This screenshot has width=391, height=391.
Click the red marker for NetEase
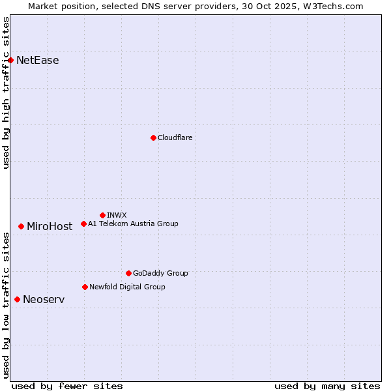[10, 61]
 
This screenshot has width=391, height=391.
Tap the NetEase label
[37, 61]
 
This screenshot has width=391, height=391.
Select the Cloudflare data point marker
[153, 138]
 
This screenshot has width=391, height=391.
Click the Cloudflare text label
[175, 138]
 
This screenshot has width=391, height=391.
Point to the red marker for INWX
[102, 215]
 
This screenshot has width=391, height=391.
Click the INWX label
[117, 215]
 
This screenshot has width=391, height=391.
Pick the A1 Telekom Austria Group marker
[83, 224]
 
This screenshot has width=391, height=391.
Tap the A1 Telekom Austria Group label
[133, 224]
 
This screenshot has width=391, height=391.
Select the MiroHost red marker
[21, 226]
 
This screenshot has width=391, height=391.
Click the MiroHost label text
[50, 227]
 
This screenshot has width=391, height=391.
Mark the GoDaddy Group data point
[128, 273]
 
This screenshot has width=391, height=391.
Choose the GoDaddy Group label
[160, 273]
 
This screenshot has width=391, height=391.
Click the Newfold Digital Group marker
[85, 287]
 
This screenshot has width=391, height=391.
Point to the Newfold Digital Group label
[127, 287]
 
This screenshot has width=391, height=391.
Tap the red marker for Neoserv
[17, 299]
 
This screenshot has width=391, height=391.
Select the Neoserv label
[44, 300]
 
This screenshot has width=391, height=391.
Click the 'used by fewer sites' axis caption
[67, 386]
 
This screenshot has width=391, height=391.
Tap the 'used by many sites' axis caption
[327, 386]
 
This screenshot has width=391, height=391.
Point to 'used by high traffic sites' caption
[7, 93]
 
